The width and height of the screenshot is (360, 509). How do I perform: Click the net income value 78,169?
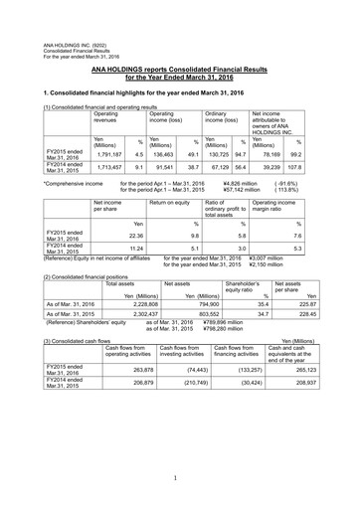click(273, 155)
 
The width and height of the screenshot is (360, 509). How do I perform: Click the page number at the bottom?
click(180, 479)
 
